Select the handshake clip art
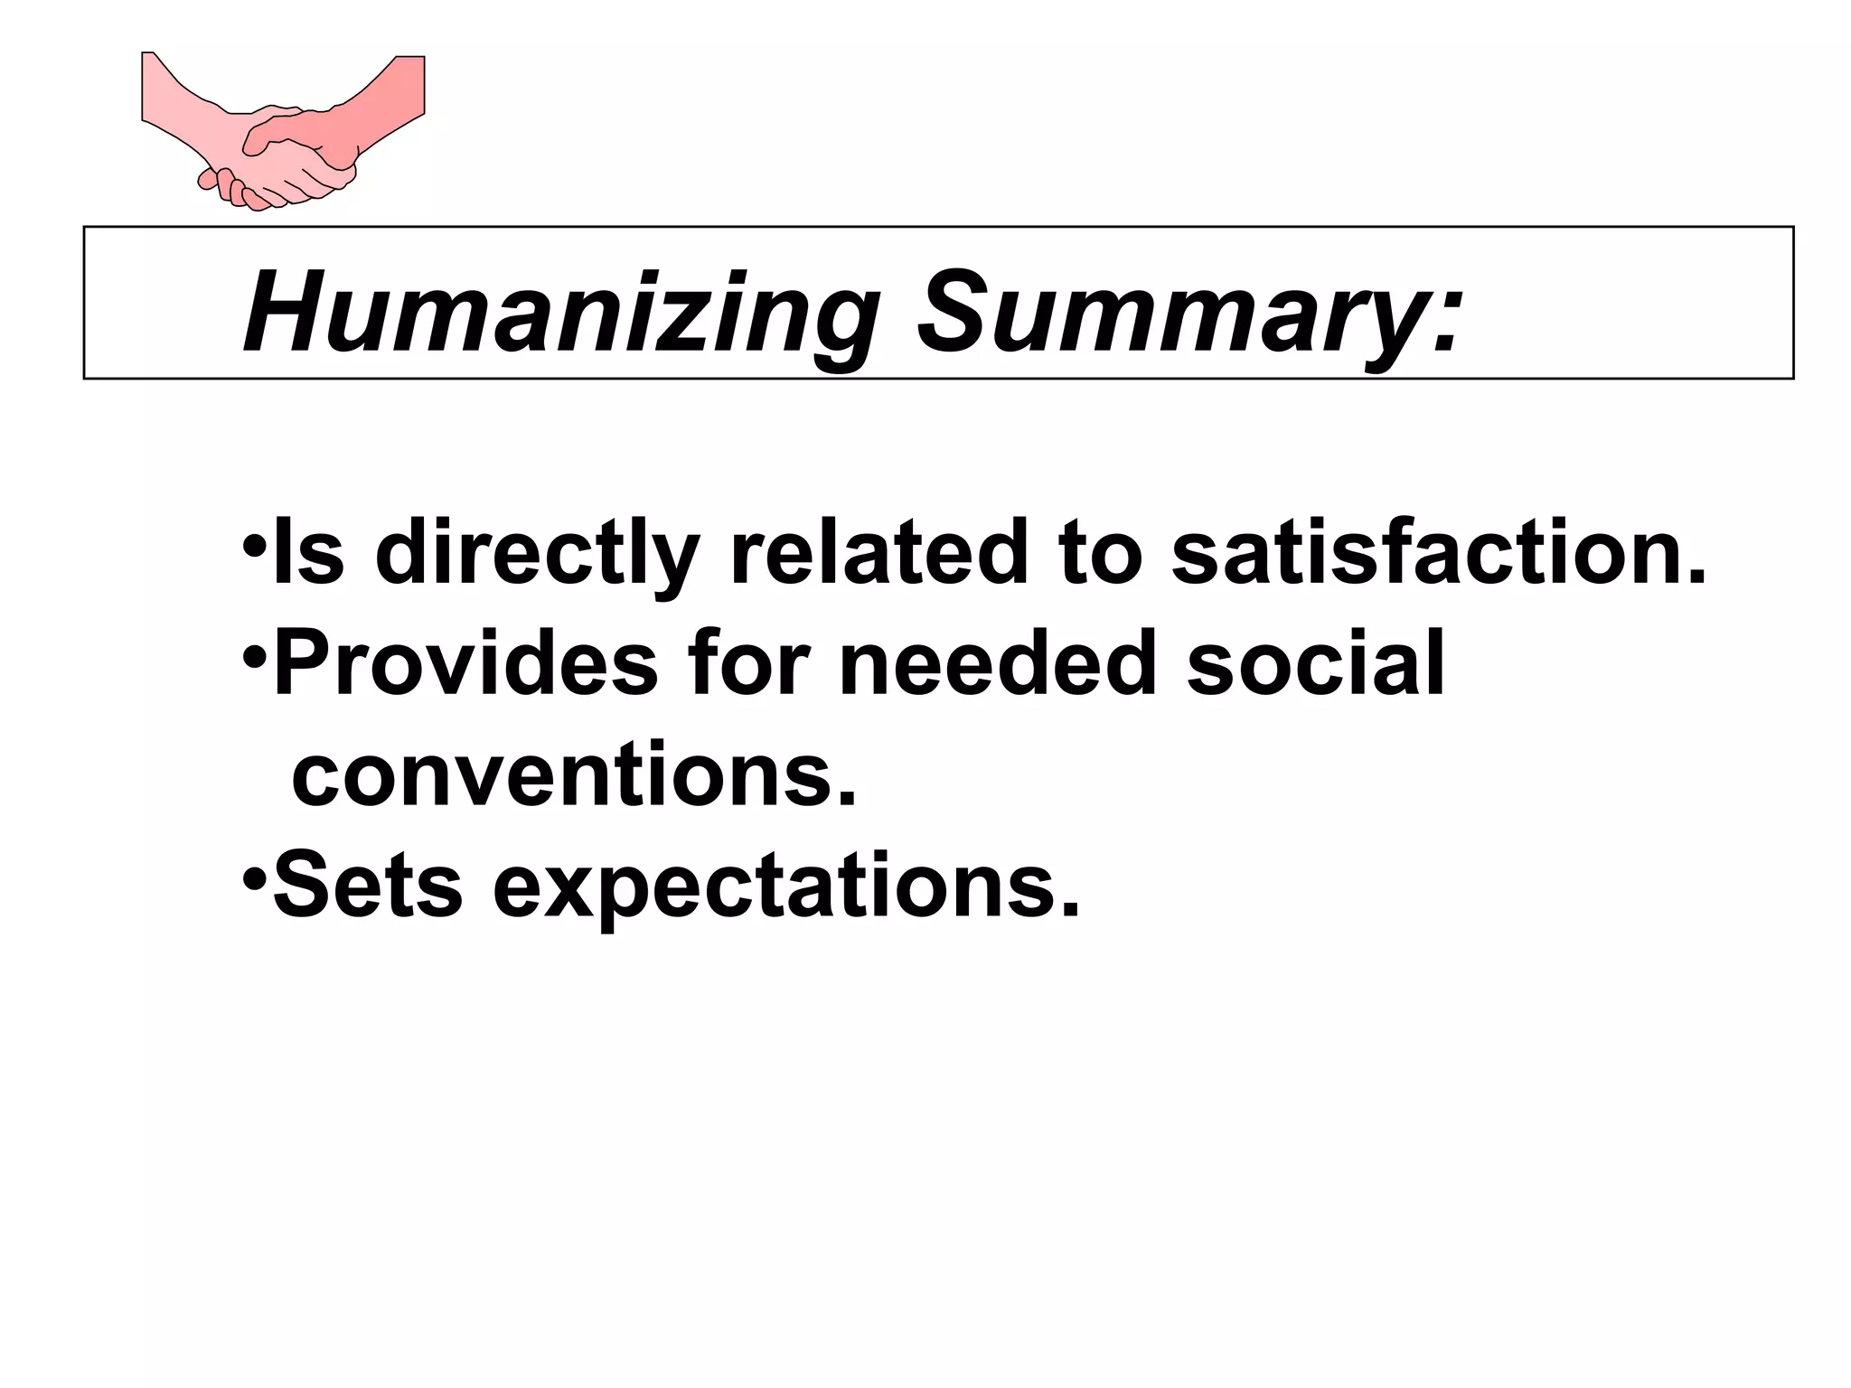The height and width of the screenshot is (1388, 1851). tap(283, 132)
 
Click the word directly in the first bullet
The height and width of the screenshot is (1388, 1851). tap(537, 553)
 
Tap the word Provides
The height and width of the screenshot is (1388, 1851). tap(465, 664)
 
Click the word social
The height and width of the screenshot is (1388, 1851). tap(1316, 664)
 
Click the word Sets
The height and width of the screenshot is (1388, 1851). tap(367, 886)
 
